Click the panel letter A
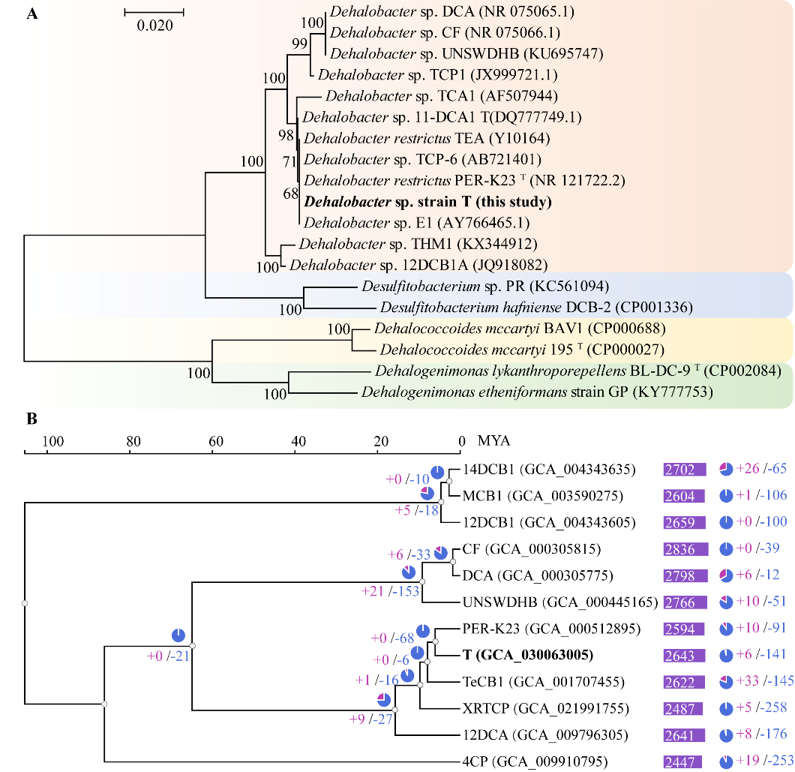pyautogui.click(x=32, y=14)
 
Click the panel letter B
pyautogui.click(x=32, y=419)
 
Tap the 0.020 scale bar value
pyautogui.click(x=154, y=26)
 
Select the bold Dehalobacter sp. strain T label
pyautogui.click(x=427, y=202)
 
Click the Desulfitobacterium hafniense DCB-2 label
pyautogui.click(x=535, y=307)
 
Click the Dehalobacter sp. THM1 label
pyautogui.click(x=416, y=244)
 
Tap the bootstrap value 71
pyautogui.click(x=290, y=159)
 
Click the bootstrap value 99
pyautogui.click(x=300, y=44)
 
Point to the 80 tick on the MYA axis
pyautogui.click(x=133, y=441)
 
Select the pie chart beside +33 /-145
pyautogui.click(x=726, y=682)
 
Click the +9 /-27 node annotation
pyautogui.click(x=370, y=719)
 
